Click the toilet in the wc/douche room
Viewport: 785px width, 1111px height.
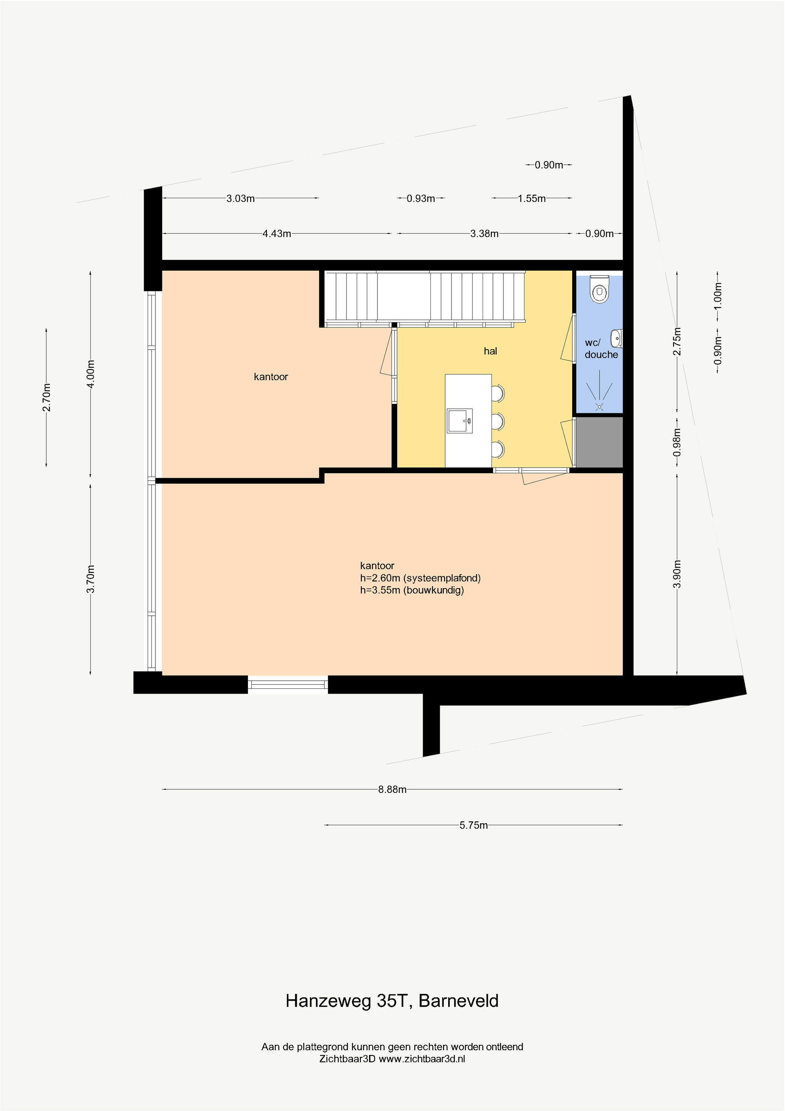[600, 289]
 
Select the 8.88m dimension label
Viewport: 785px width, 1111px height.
[392, 790]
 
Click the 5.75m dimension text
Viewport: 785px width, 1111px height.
[473, 825]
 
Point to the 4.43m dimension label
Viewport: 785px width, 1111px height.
[277, 234]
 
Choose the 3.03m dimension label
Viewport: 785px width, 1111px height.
[240, 198]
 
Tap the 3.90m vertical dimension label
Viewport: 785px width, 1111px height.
[677, 574]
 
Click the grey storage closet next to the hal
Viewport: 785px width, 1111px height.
[599, 442]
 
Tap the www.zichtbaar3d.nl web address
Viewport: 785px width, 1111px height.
[422, 1059]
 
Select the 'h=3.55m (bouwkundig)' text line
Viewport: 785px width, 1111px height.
[412, 590]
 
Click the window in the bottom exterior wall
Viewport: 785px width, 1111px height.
[288, 684]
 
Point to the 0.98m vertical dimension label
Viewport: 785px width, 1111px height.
[677, 442]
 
